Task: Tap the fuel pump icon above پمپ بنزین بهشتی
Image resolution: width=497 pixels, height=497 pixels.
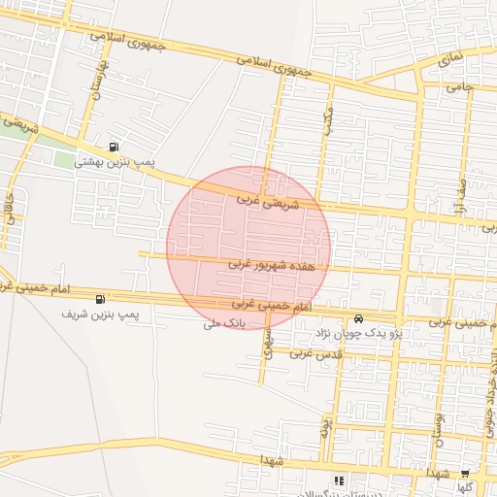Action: pyautogui.click(x=116, y=148)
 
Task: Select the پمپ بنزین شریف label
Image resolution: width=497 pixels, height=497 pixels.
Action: pyautogui.click(x=101, y=315)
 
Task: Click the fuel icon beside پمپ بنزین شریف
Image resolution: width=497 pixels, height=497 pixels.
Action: pyautogui.click(x=102, y=299)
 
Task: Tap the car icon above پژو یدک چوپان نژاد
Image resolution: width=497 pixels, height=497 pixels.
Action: pyautogui.click(x=358, y=318)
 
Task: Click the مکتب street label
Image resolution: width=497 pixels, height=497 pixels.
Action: pyautogui.click(x=329, y=118)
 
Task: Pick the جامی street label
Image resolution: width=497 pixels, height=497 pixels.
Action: pyautogui.click(x=458, y=87)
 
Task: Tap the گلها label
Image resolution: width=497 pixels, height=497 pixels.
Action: pyautogui.click(x=466, y=487)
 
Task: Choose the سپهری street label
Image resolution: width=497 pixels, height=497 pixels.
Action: pyautogui.click(x=269, y=339)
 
